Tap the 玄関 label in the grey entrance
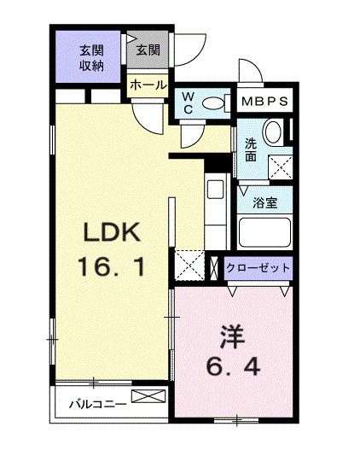click(148, 50)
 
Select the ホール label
click(148, 85)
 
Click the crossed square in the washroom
click(281, 166)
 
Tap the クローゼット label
click(259, 267)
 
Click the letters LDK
click(109, 232)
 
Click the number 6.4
click(233, 371)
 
